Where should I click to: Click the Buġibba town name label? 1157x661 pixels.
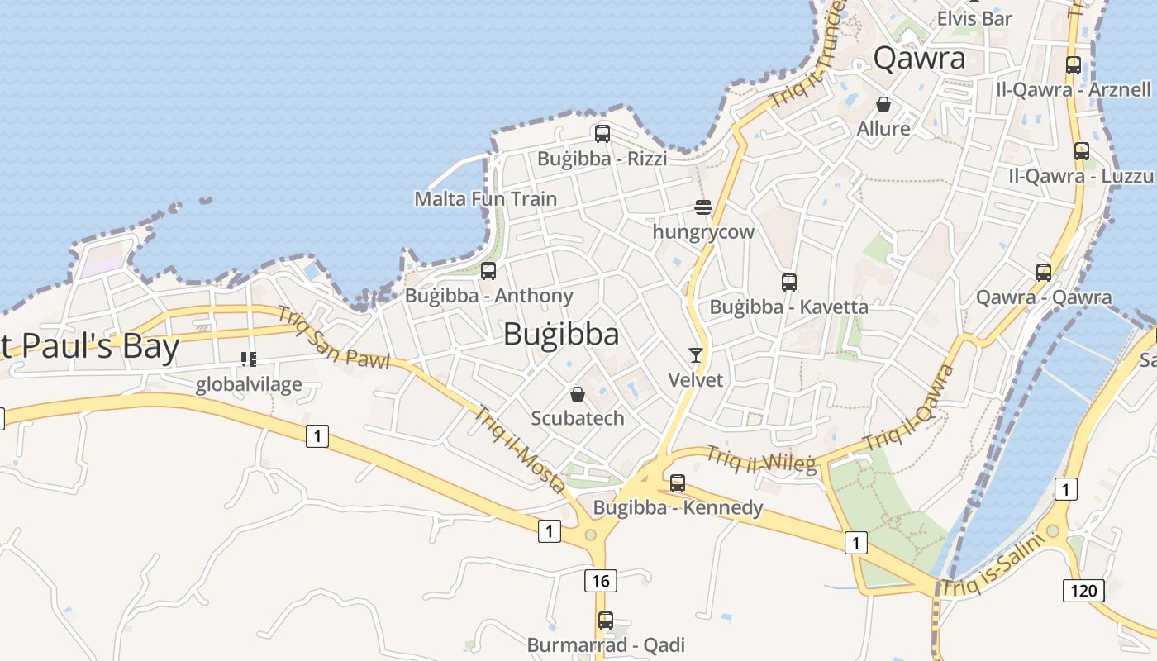(561, 334)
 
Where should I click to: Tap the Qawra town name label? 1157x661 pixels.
(919, 58)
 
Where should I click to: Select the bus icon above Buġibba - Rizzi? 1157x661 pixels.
(602, 133)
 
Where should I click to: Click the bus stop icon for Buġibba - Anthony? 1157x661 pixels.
(488, 270)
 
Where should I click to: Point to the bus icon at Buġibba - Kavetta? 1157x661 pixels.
(788, 282)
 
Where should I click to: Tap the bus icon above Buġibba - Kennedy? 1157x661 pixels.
(678, 483)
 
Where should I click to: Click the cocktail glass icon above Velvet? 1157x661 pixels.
(695, 355)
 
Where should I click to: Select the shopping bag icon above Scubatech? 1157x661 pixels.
(578, 394)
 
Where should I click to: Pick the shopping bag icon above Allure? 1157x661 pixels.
(883, 104)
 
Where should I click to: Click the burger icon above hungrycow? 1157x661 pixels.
(703, 207)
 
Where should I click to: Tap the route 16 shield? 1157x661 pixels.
(601, 581)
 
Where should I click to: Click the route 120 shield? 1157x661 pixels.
(1083, 590)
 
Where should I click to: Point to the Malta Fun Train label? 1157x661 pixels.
(485, 198)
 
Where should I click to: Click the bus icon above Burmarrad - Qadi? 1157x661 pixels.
(606, 620)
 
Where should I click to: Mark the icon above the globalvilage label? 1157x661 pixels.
(249, 359)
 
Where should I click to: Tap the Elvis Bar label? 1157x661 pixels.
(974, 17)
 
